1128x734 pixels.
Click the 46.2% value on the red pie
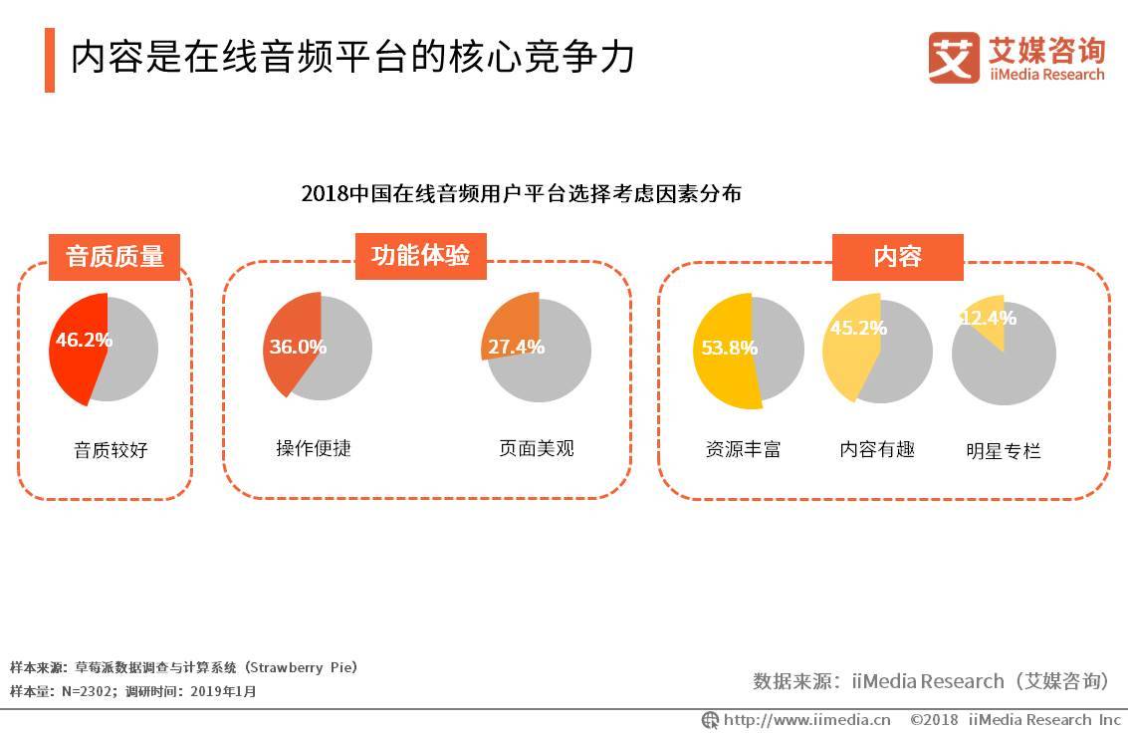pos(85,340)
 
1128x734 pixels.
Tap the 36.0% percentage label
pos(298,347)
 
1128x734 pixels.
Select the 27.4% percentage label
pos(517,347)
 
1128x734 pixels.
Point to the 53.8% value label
pos(730,349)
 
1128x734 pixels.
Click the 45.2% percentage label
pos(858,328)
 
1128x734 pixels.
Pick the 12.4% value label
pos(989,318)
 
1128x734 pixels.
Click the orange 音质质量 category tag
pos(114,257)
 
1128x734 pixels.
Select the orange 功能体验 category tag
pos(421,256)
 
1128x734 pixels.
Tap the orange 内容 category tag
pos(898,257)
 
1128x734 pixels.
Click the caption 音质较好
pos(111,450)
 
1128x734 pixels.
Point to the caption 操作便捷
pos(314,448)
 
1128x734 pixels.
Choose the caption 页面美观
pos(537,448)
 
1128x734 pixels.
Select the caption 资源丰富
pos(743,450)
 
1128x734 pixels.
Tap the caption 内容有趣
pos(877,450)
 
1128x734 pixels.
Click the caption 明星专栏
pos(1004,451)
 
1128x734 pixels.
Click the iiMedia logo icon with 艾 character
pos(954,58)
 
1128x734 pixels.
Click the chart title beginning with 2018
pos(522,193)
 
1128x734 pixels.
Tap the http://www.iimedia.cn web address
pos(806,720)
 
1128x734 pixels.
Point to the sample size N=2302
pos(87,691)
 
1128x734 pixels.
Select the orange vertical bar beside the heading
pos(50,60)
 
